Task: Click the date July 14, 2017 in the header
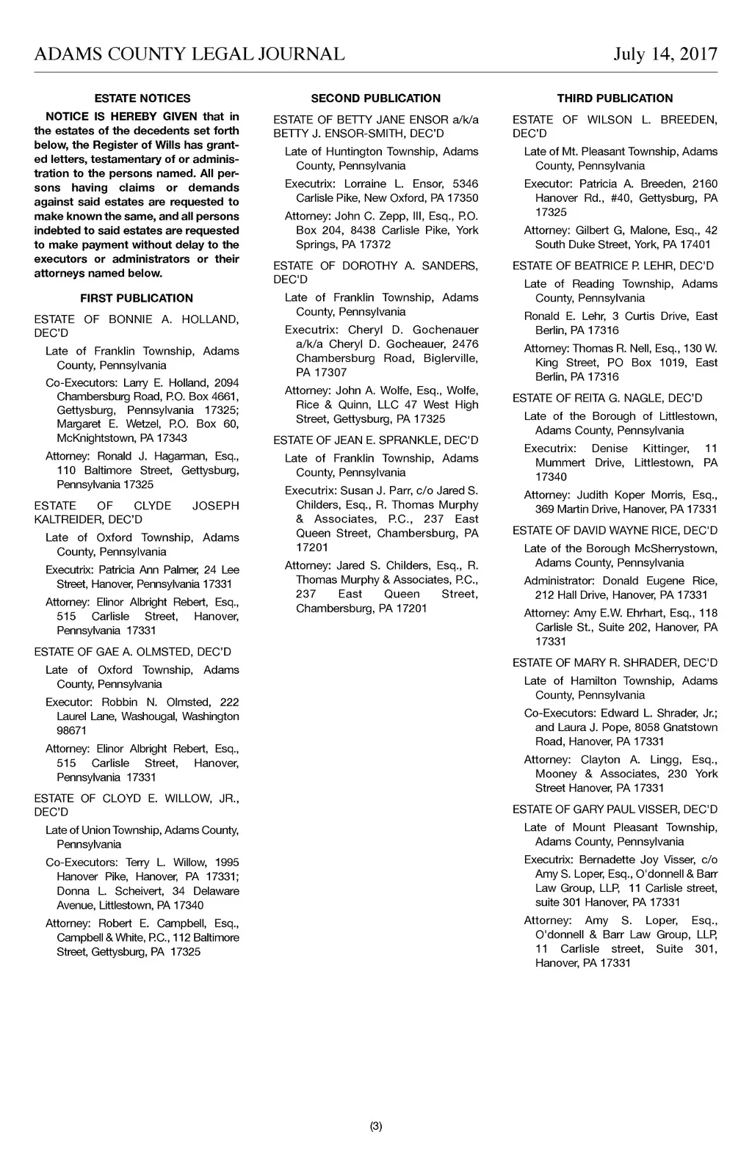pos(665,54)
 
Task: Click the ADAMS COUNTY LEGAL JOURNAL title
pos(189,54)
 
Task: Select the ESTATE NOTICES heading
pos(142,98)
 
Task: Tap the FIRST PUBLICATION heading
pos(137,298)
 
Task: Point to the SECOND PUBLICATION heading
pos(376,98)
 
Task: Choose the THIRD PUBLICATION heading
pos(615,98)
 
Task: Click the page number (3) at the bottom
pos(376,1126)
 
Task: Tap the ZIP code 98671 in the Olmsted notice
pos(72,730)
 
